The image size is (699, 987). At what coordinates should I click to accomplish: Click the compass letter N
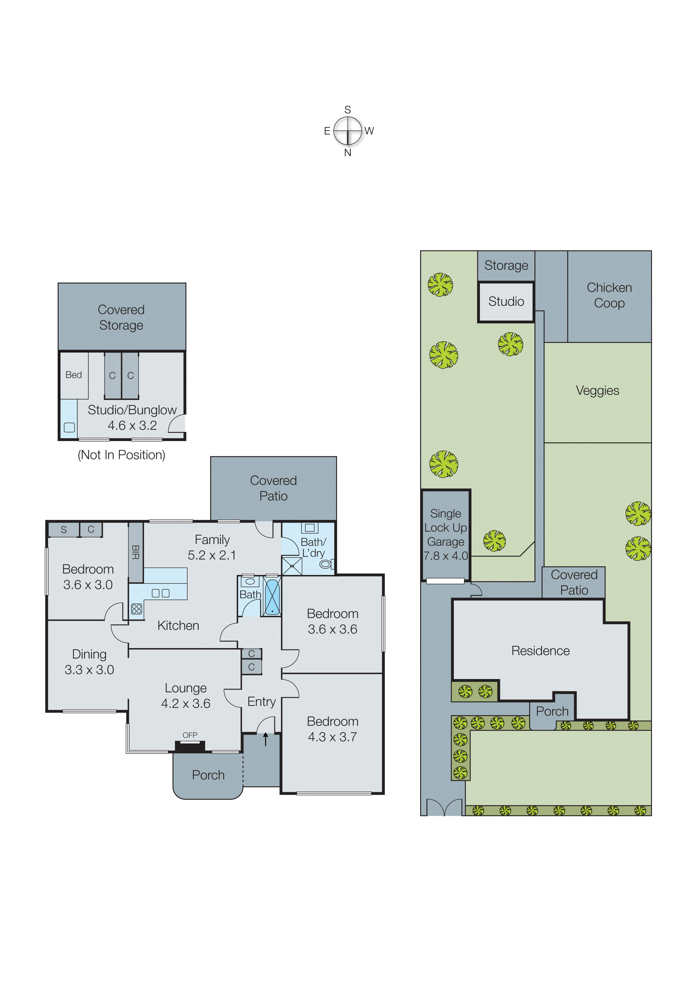coord(347,153)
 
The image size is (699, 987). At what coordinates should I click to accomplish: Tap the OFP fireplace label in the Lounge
coord(190,735)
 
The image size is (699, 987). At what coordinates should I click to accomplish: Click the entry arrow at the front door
coord(266,739)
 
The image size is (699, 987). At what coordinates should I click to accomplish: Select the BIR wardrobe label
coord(136,552)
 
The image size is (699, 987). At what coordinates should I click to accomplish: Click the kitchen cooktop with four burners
coord(136,609)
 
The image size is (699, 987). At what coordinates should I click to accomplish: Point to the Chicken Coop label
coord(609,295)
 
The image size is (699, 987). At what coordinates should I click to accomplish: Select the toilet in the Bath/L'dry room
coord(326,564)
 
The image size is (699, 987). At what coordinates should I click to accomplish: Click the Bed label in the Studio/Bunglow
coord(74,375)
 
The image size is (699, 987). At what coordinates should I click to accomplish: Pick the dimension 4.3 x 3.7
coord(332,737)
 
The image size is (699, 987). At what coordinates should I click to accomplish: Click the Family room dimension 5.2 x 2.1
coord(212,555)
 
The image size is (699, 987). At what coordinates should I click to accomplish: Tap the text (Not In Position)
coord(121,455)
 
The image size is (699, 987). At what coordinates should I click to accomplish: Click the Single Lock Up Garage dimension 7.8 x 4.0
coord(446,556)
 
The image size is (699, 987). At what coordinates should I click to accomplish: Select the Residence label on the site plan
coord(540,651)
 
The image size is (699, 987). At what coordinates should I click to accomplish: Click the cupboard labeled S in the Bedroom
coord(64,529)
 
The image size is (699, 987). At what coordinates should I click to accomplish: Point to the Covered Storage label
coord(121,317)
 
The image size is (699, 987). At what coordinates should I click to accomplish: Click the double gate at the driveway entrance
coord(444,807)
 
